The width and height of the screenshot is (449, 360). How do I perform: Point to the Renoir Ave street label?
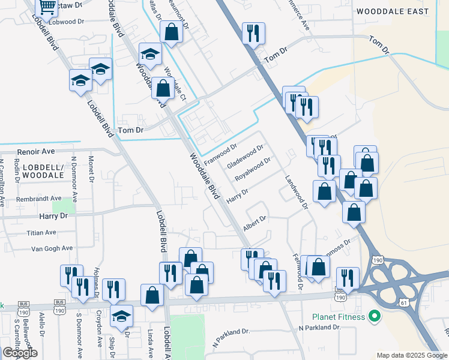(37, 152)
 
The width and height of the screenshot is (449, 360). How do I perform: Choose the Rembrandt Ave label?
(40, 198)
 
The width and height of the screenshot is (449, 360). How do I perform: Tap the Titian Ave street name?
(41, 232)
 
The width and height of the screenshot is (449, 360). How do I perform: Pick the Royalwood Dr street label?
(254, 169)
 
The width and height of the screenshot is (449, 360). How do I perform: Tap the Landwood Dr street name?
(296, 191)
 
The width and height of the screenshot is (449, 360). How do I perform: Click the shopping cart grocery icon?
(47, 8)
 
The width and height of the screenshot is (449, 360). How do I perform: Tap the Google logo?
(20, 353)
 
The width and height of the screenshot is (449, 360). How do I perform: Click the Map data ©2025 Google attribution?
(411, 355)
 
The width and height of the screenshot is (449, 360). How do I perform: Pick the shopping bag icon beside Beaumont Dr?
(171, 33)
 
